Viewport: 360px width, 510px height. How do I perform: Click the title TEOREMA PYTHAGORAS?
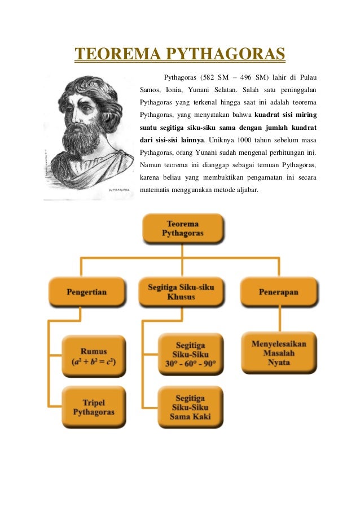tap(180, 55)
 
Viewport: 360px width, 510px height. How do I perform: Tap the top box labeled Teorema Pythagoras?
tap(182, 229)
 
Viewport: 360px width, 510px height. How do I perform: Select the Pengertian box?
tap(86, 292)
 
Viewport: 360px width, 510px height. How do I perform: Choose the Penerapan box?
tap(278, 292)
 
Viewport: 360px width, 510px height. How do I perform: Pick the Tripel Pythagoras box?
tap(94, 407)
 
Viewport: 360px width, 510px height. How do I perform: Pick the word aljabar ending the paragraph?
tap(245, 190)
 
